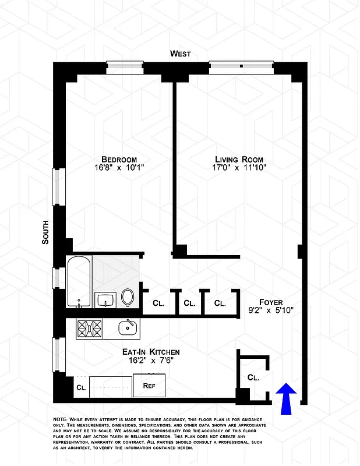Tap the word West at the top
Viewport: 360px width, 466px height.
point(180,54)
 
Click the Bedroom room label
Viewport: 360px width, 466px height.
point(119,160)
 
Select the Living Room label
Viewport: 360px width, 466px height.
point(239,160)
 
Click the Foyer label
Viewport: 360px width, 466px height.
point(271,302)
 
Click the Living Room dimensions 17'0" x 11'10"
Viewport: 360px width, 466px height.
point(239,168)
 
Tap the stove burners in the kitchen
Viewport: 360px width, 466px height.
point(89,330)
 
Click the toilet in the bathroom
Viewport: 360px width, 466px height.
point(128,297)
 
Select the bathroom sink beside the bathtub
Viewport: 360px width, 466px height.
point(105,300)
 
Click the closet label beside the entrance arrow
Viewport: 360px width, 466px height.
point(253,377)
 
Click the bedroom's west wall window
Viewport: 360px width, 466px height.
point(125,65)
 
